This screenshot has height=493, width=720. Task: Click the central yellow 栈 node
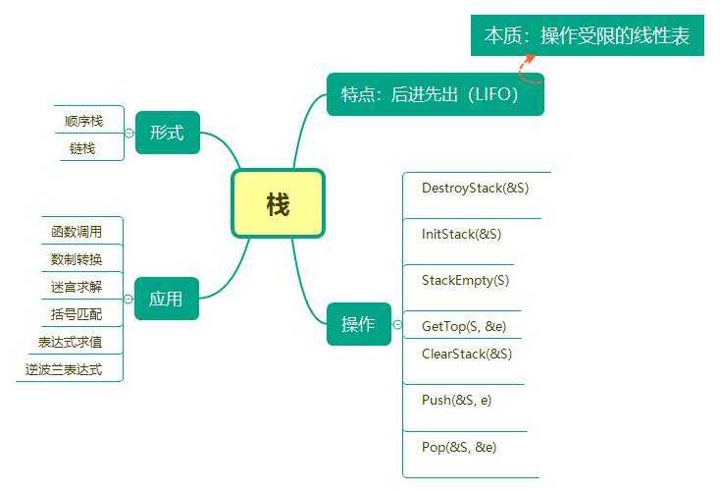(278, 204)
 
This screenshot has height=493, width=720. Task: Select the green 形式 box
(167, 133)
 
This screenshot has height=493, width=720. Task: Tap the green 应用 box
(166, 299)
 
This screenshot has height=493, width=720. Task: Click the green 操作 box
(357, 325)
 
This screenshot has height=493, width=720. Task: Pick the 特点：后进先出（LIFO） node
(435, 95)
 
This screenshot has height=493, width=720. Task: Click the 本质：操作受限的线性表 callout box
(587, 36)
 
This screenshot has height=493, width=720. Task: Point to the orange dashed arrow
(526, 65)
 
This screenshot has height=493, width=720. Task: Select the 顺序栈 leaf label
(83, 121)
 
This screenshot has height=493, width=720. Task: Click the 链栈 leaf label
(83, 147)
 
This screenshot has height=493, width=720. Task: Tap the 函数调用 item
(77, 232)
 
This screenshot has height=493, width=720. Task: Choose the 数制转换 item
(77, 259)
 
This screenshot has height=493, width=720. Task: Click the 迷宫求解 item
(77, 287)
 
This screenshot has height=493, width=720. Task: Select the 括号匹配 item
(77, 314)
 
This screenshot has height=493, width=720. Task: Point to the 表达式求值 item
(70, 342)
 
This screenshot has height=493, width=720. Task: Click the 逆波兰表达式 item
(64, 369)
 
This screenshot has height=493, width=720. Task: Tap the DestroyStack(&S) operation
(475, 188)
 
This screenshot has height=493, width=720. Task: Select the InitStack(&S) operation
(461, 235)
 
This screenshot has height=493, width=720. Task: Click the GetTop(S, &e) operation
(464, 326)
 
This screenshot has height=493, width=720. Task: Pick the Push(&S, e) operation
(457, 400)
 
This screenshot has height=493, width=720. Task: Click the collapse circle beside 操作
(397, 325)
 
